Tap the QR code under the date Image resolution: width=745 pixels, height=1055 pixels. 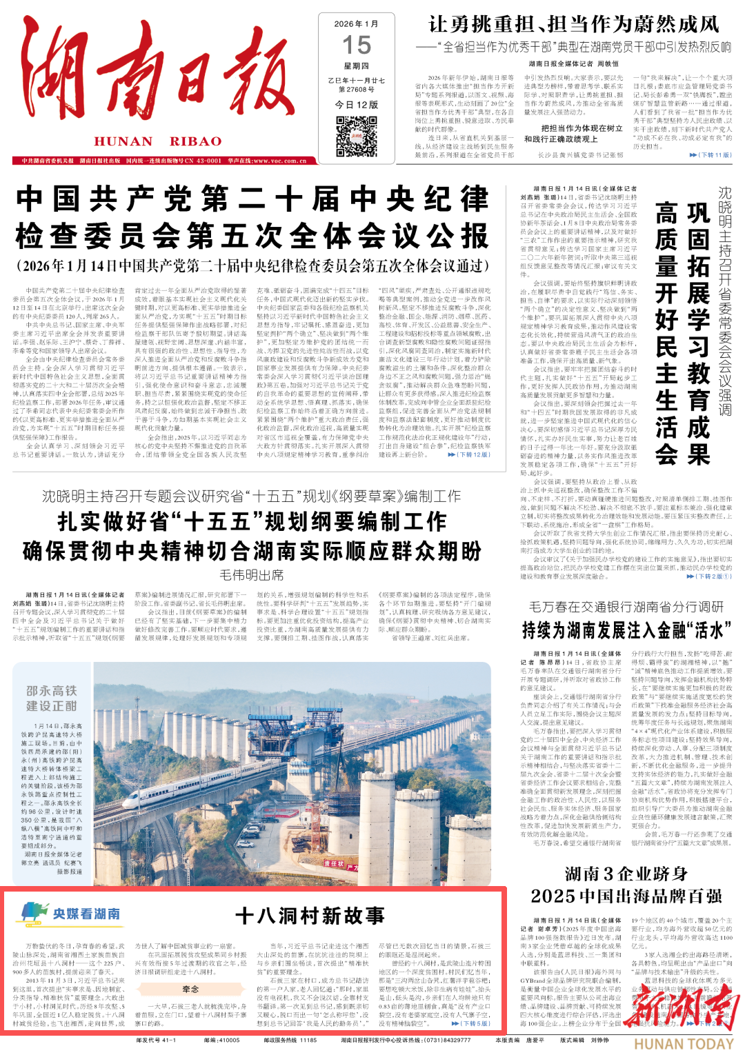pos(357,137)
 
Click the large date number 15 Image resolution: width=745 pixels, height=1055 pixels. pos(357,46)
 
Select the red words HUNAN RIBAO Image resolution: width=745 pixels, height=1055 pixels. pos(158,141)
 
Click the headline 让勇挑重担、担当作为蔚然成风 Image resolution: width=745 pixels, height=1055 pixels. pos(574,24)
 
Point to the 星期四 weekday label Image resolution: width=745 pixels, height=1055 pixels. pos(357,66)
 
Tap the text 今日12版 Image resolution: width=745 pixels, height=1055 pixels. pos(357,105)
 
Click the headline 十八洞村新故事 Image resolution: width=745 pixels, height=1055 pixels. pos(310,915)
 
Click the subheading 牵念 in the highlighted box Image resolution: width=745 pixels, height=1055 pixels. pos(190,989)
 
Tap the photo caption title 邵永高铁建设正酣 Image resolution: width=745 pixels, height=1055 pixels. pos(51,698)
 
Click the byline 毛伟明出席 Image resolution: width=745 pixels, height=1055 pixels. pos(251,574)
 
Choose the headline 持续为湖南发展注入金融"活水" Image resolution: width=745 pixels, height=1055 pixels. pos(626,630)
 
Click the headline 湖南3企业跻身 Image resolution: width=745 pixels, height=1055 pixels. pos(626,874)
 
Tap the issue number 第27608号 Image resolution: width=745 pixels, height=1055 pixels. pos(357,90)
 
